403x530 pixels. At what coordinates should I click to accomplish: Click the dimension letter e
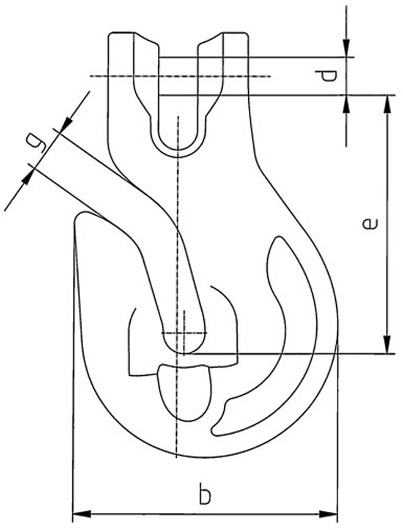click(370, 223)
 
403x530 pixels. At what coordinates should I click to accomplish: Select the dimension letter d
click(329, 76)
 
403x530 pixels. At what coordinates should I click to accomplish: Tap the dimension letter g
click(36, 143)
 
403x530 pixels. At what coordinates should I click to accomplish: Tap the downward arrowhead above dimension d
click(346, 48)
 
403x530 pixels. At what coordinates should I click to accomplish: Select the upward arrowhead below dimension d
click(346, 104)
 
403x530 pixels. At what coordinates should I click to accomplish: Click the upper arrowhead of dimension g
click(67, 124)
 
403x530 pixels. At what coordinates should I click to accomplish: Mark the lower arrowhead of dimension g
click(28, 176)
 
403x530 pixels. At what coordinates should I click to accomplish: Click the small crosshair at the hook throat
click(184, 333)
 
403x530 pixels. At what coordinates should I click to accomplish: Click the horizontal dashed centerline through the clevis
click(180, 76)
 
